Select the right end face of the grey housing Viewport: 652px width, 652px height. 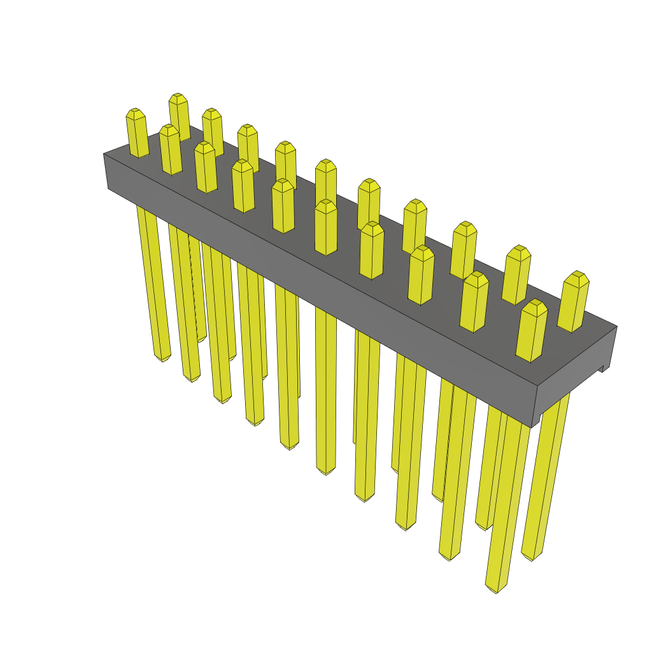tap(573, 376)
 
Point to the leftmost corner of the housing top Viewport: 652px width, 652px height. tap(104, 154)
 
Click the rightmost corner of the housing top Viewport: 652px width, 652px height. tap(616, 327)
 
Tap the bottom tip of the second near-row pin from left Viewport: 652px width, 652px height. tap(192, 378)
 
